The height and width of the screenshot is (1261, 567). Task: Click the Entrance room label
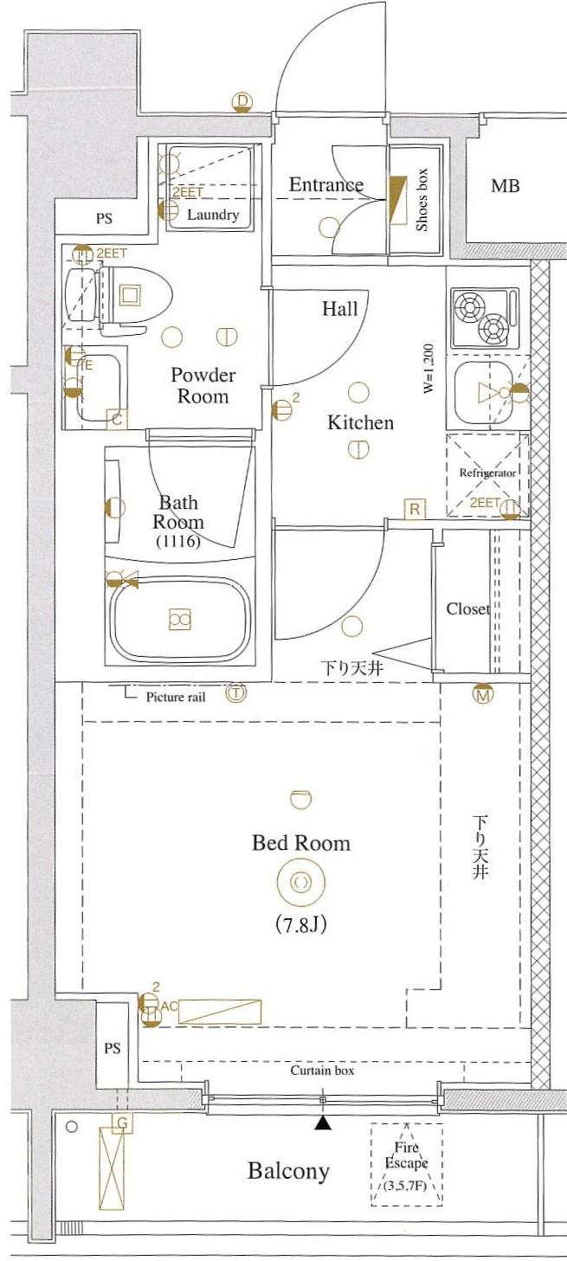coord(326,184)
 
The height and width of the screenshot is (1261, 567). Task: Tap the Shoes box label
coord(422,200)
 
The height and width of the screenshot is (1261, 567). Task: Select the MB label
coord(505,186)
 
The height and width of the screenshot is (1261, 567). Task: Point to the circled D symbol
coord(242,102)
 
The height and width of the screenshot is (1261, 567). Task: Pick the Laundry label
coord(213,215)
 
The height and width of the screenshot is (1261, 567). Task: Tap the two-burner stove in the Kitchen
coord(485,318)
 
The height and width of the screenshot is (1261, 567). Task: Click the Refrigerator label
coord(487,473)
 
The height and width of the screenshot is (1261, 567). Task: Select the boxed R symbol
coord(415,510)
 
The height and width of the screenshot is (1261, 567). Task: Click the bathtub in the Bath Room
coord(179,618)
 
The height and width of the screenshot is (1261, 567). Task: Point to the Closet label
coord(468,608)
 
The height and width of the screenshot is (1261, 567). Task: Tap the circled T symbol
coord(236,693)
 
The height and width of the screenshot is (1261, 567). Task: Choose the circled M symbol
coord(482,695)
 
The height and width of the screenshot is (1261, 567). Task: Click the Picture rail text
coord(176,697)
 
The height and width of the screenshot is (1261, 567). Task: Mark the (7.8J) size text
coord(301,925)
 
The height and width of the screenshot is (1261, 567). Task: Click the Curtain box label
coord(322,1070)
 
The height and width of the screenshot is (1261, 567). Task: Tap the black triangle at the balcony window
coord(322,1123)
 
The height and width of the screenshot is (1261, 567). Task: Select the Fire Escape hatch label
coord(406,1155)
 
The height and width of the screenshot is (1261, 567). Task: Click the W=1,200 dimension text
coord(428,369)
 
